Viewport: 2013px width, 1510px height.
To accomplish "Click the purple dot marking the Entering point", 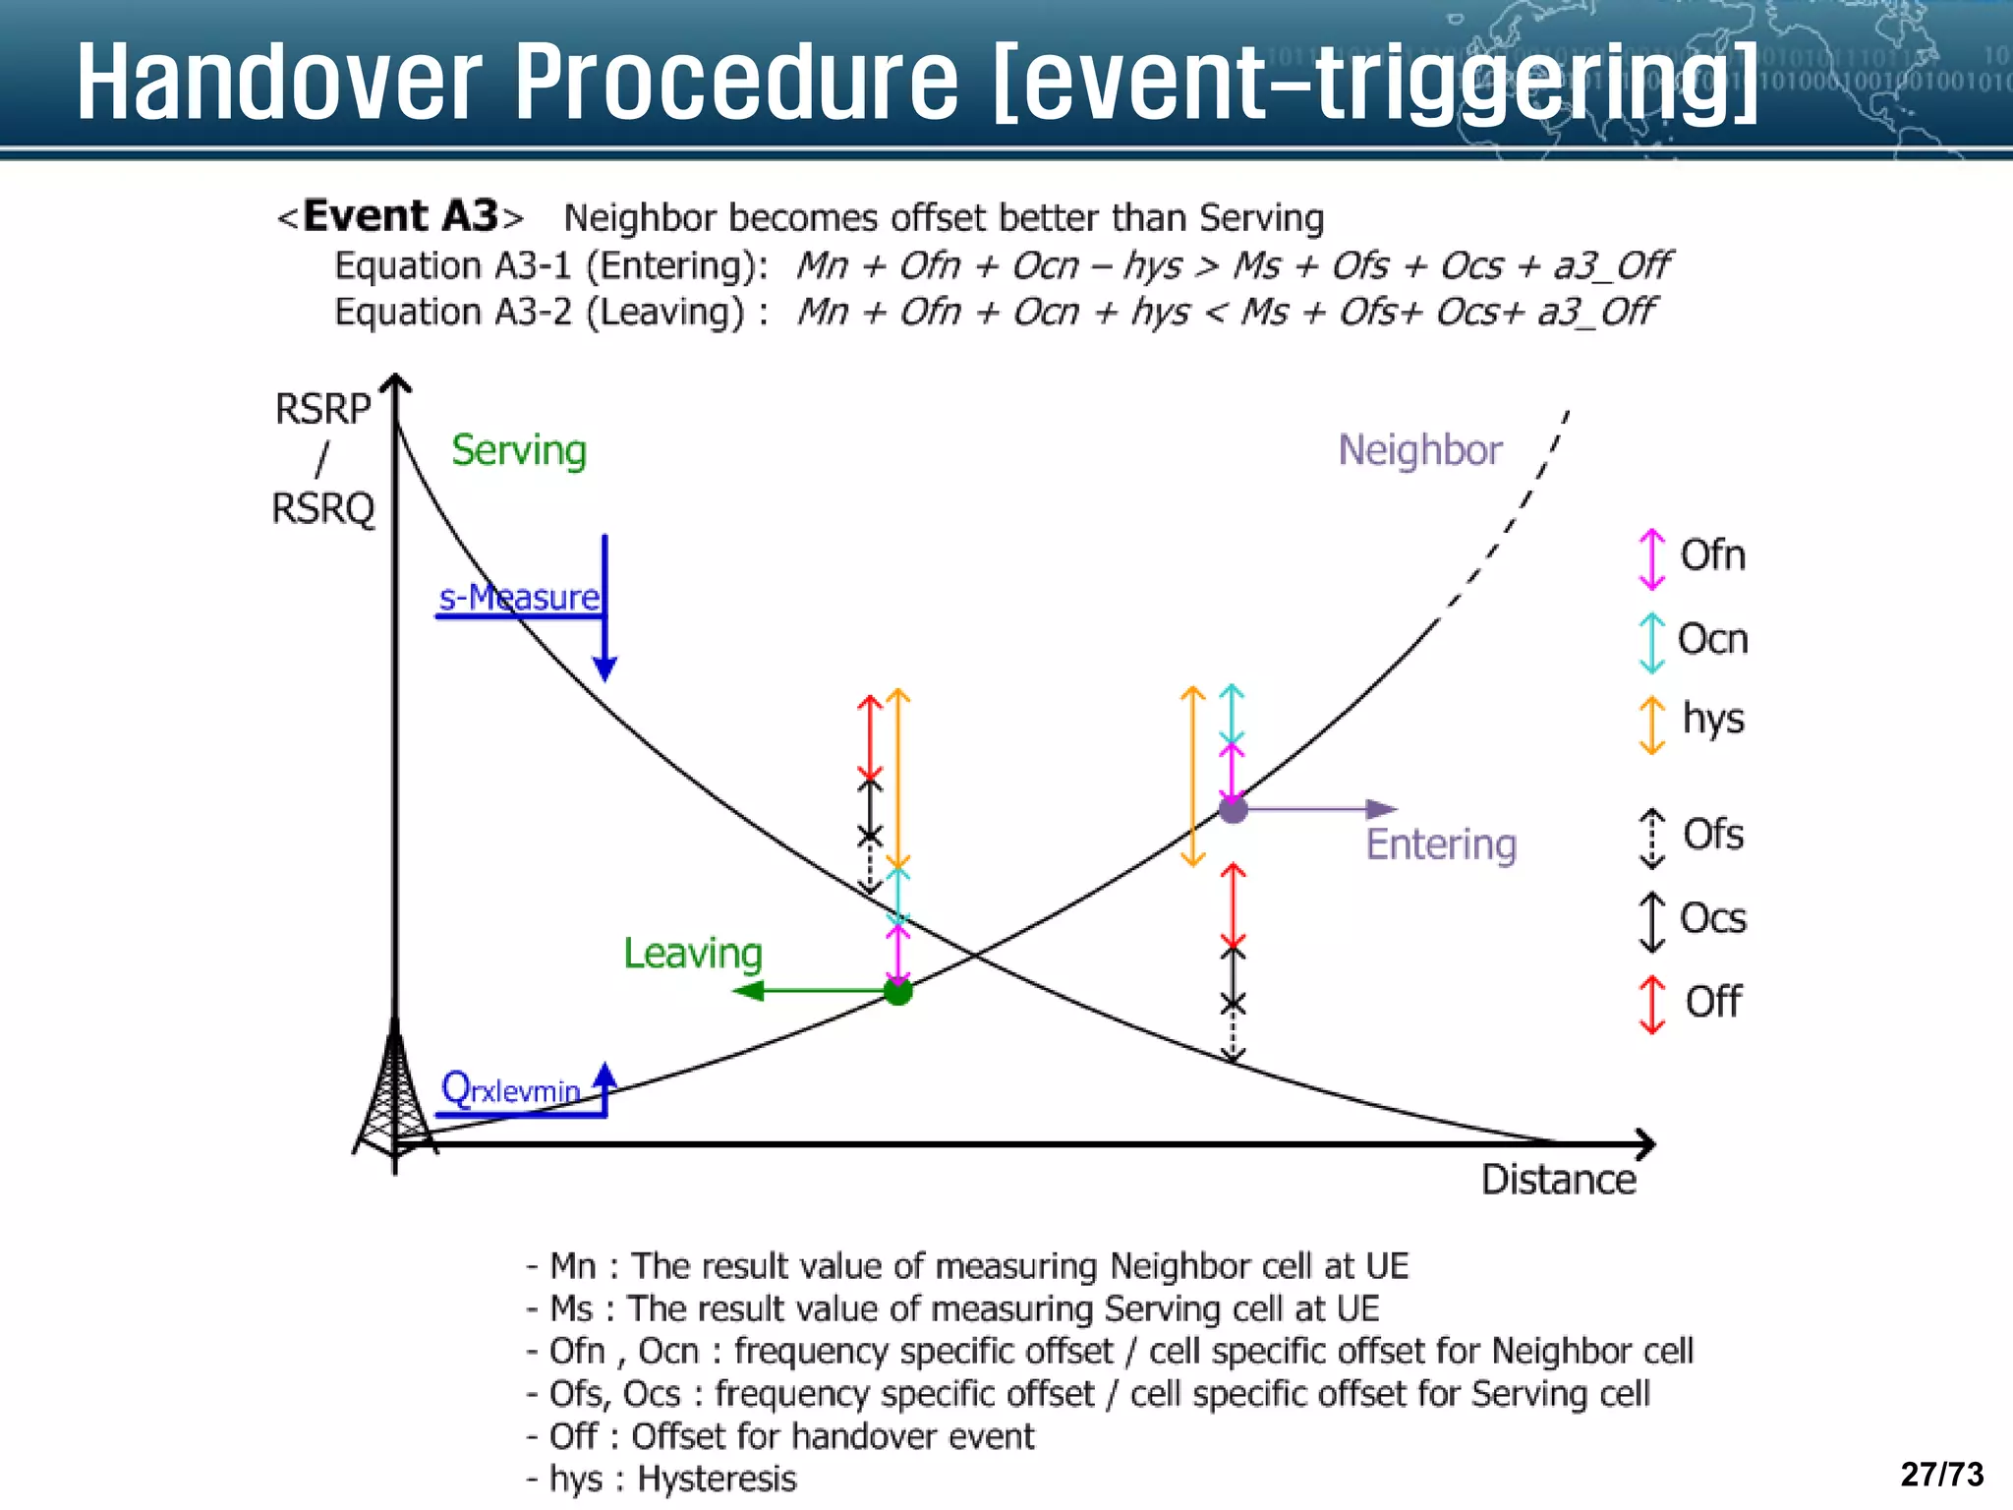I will (x=1234, y=809).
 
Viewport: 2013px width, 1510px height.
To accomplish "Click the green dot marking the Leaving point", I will (x=897, y=991).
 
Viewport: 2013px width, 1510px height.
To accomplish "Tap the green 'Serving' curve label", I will (x=519, y=450).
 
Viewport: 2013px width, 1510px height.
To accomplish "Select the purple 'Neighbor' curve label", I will (x=1420, y=450).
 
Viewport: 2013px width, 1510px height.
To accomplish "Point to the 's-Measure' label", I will (x=519, y=597).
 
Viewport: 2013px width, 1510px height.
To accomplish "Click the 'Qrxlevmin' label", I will (x=511, y=1089).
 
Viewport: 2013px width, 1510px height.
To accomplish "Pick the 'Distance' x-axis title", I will (x=1559, y=1179).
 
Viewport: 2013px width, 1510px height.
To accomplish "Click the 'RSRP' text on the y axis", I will (x=323, y=409).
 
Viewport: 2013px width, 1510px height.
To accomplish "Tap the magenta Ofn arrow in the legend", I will (x=1652, y=558).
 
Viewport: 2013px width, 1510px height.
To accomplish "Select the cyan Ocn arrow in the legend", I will (x=1652, y=642).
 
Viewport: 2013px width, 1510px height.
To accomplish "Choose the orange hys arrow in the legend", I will (x=1652, y=724).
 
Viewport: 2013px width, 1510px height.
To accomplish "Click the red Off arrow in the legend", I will (x=1652, y=1004).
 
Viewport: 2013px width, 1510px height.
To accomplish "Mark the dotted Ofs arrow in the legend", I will (x=1652, y=838).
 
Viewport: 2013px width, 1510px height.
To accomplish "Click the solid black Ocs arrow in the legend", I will (x=1652, y=921).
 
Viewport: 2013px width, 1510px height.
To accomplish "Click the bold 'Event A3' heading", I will (x=400, y=216).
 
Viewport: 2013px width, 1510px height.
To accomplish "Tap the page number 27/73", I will (x=1942, y=1474).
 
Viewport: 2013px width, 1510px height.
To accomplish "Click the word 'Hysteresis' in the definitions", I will (x=717, y=1479).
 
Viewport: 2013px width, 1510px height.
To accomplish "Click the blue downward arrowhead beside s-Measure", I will (x=604, y=668).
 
